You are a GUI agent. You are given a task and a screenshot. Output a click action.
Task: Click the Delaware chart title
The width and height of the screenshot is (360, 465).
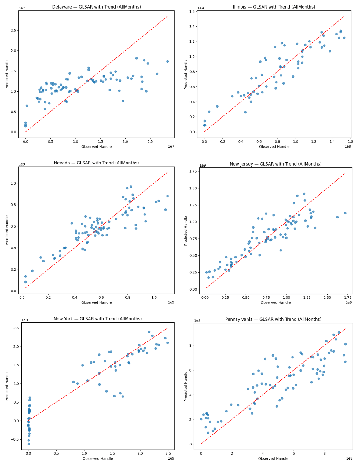pyautogui.click(x=96, y=7)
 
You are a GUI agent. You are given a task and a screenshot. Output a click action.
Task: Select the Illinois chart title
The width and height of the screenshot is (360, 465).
pyautogui.click(x=274, y=7)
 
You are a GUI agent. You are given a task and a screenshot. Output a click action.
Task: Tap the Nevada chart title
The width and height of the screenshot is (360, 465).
pyautogui.click(x=96, y=163)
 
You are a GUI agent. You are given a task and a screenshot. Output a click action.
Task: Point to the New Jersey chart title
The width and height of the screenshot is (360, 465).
pyautogui.click(x=275, y=164)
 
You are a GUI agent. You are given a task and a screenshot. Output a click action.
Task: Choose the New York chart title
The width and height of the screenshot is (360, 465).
pyautogui.click(x=97, y=319)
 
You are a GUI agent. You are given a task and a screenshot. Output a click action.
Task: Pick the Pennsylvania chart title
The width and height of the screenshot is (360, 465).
pyautogui.click(x=273, y=319)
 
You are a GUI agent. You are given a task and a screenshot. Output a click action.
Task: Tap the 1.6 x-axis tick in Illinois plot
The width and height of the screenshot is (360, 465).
pyautogui.click(x=350, y=141)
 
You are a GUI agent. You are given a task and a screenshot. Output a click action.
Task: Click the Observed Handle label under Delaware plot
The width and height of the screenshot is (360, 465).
pyautogui.click(x=96, y=147)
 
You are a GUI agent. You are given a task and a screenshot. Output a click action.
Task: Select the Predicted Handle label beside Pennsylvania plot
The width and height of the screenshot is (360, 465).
pyautogui.click(x=186, y=386)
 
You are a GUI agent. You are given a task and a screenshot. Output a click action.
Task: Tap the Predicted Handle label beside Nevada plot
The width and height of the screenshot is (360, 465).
pyautogui.click(x=7, y=230)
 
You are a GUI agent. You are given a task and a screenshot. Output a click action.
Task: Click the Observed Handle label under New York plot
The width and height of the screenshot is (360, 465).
pyautogui.click(x=97, y=458)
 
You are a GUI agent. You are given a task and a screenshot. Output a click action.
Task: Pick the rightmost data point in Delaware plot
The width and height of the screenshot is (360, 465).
pyautogui.click(x=167, y=61)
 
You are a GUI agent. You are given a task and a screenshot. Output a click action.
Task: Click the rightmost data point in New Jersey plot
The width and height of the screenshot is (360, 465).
pyautogui.click(x=345, y=213)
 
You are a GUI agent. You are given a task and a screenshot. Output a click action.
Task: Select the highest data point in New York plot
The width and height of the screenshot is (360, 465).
pyautogui.click(x=149, y=332)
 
